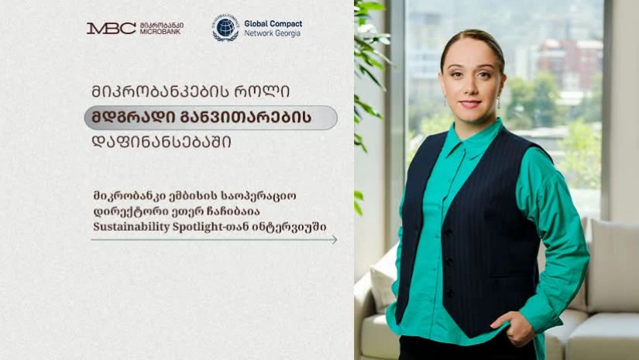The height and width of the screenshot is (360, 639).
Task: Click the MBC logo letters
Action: click(111, 28)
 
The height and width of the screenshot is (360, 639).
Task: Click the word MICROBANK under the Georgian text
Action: click(161, 32)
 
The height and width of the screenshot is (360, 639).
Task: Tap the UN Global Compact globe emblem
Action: click(225, 28)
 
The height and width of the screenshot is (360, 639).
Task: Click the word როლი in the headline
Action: click(262, 91)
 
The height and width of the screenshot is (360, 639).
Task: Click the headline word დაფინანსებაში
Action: click(161, 142)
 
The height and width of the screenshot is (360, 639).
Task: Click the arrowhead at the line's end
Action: click(334, 240)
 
